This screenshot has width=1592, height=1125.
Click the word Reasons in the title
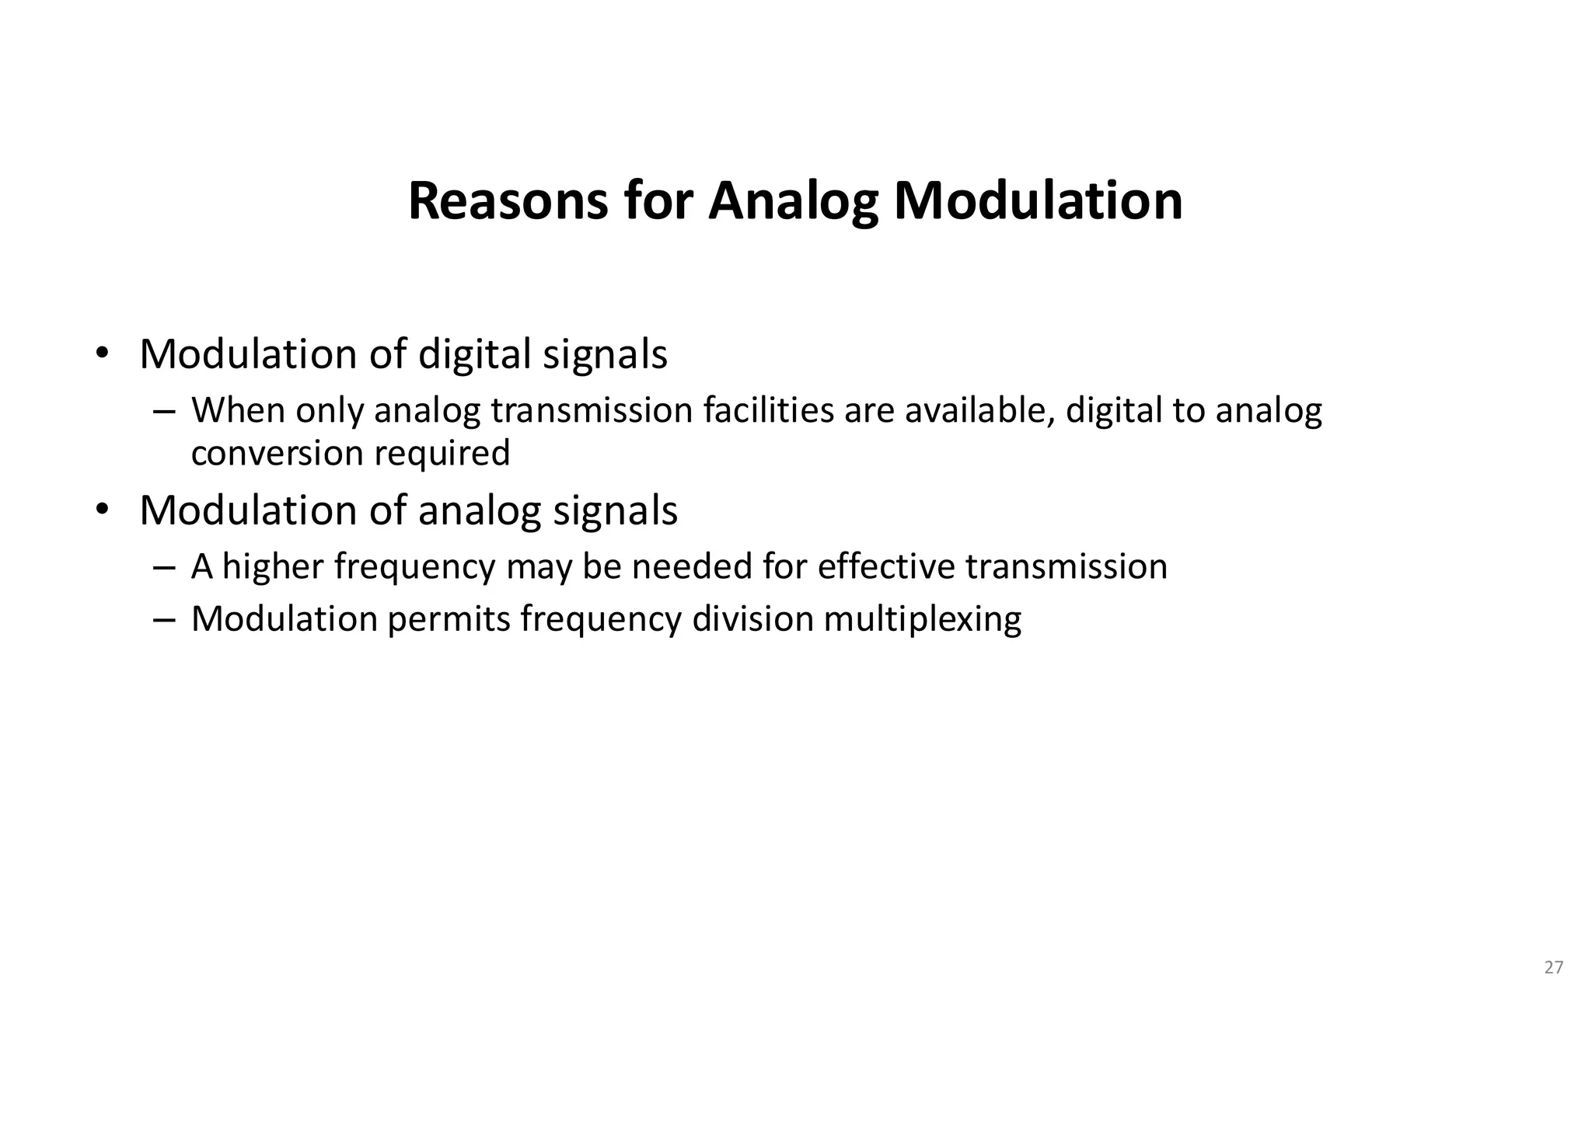(x=507, y=201)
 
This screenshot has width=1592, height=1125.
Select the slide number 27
(x=1553, y=967)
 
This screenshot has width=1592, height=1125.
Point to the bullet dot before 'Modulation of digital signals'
(x=101, y=354)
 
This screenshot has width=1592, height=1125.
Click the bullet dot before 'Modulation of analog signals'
(x=101, y=510)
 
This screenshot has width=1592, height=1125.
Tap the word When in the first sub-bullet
(x=238, y=410)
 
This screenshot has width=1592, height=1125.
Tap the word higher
(x=273, y=567)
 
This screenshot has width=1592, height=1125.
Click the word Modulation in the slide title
(x=1038, y=201)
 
